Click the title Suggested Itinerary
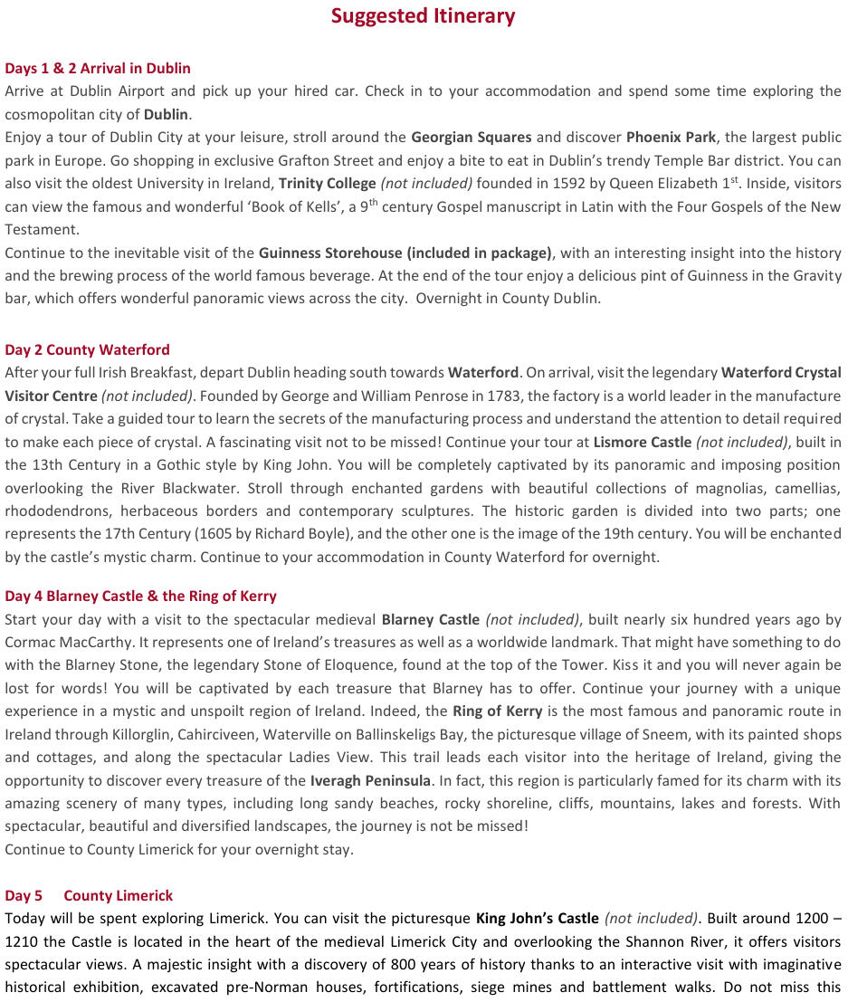(423, 16)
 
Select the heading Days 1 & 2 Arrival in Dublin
(98, 68)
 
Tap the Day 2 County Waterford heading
(87, 349)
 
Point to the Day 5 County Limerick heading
(89, 895)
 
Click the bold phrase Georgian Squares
(471, 138)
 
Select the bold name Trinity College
(327, 184)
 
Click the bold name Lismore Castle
(642, 442)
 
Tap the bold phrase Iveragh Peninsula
(370, 780)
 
